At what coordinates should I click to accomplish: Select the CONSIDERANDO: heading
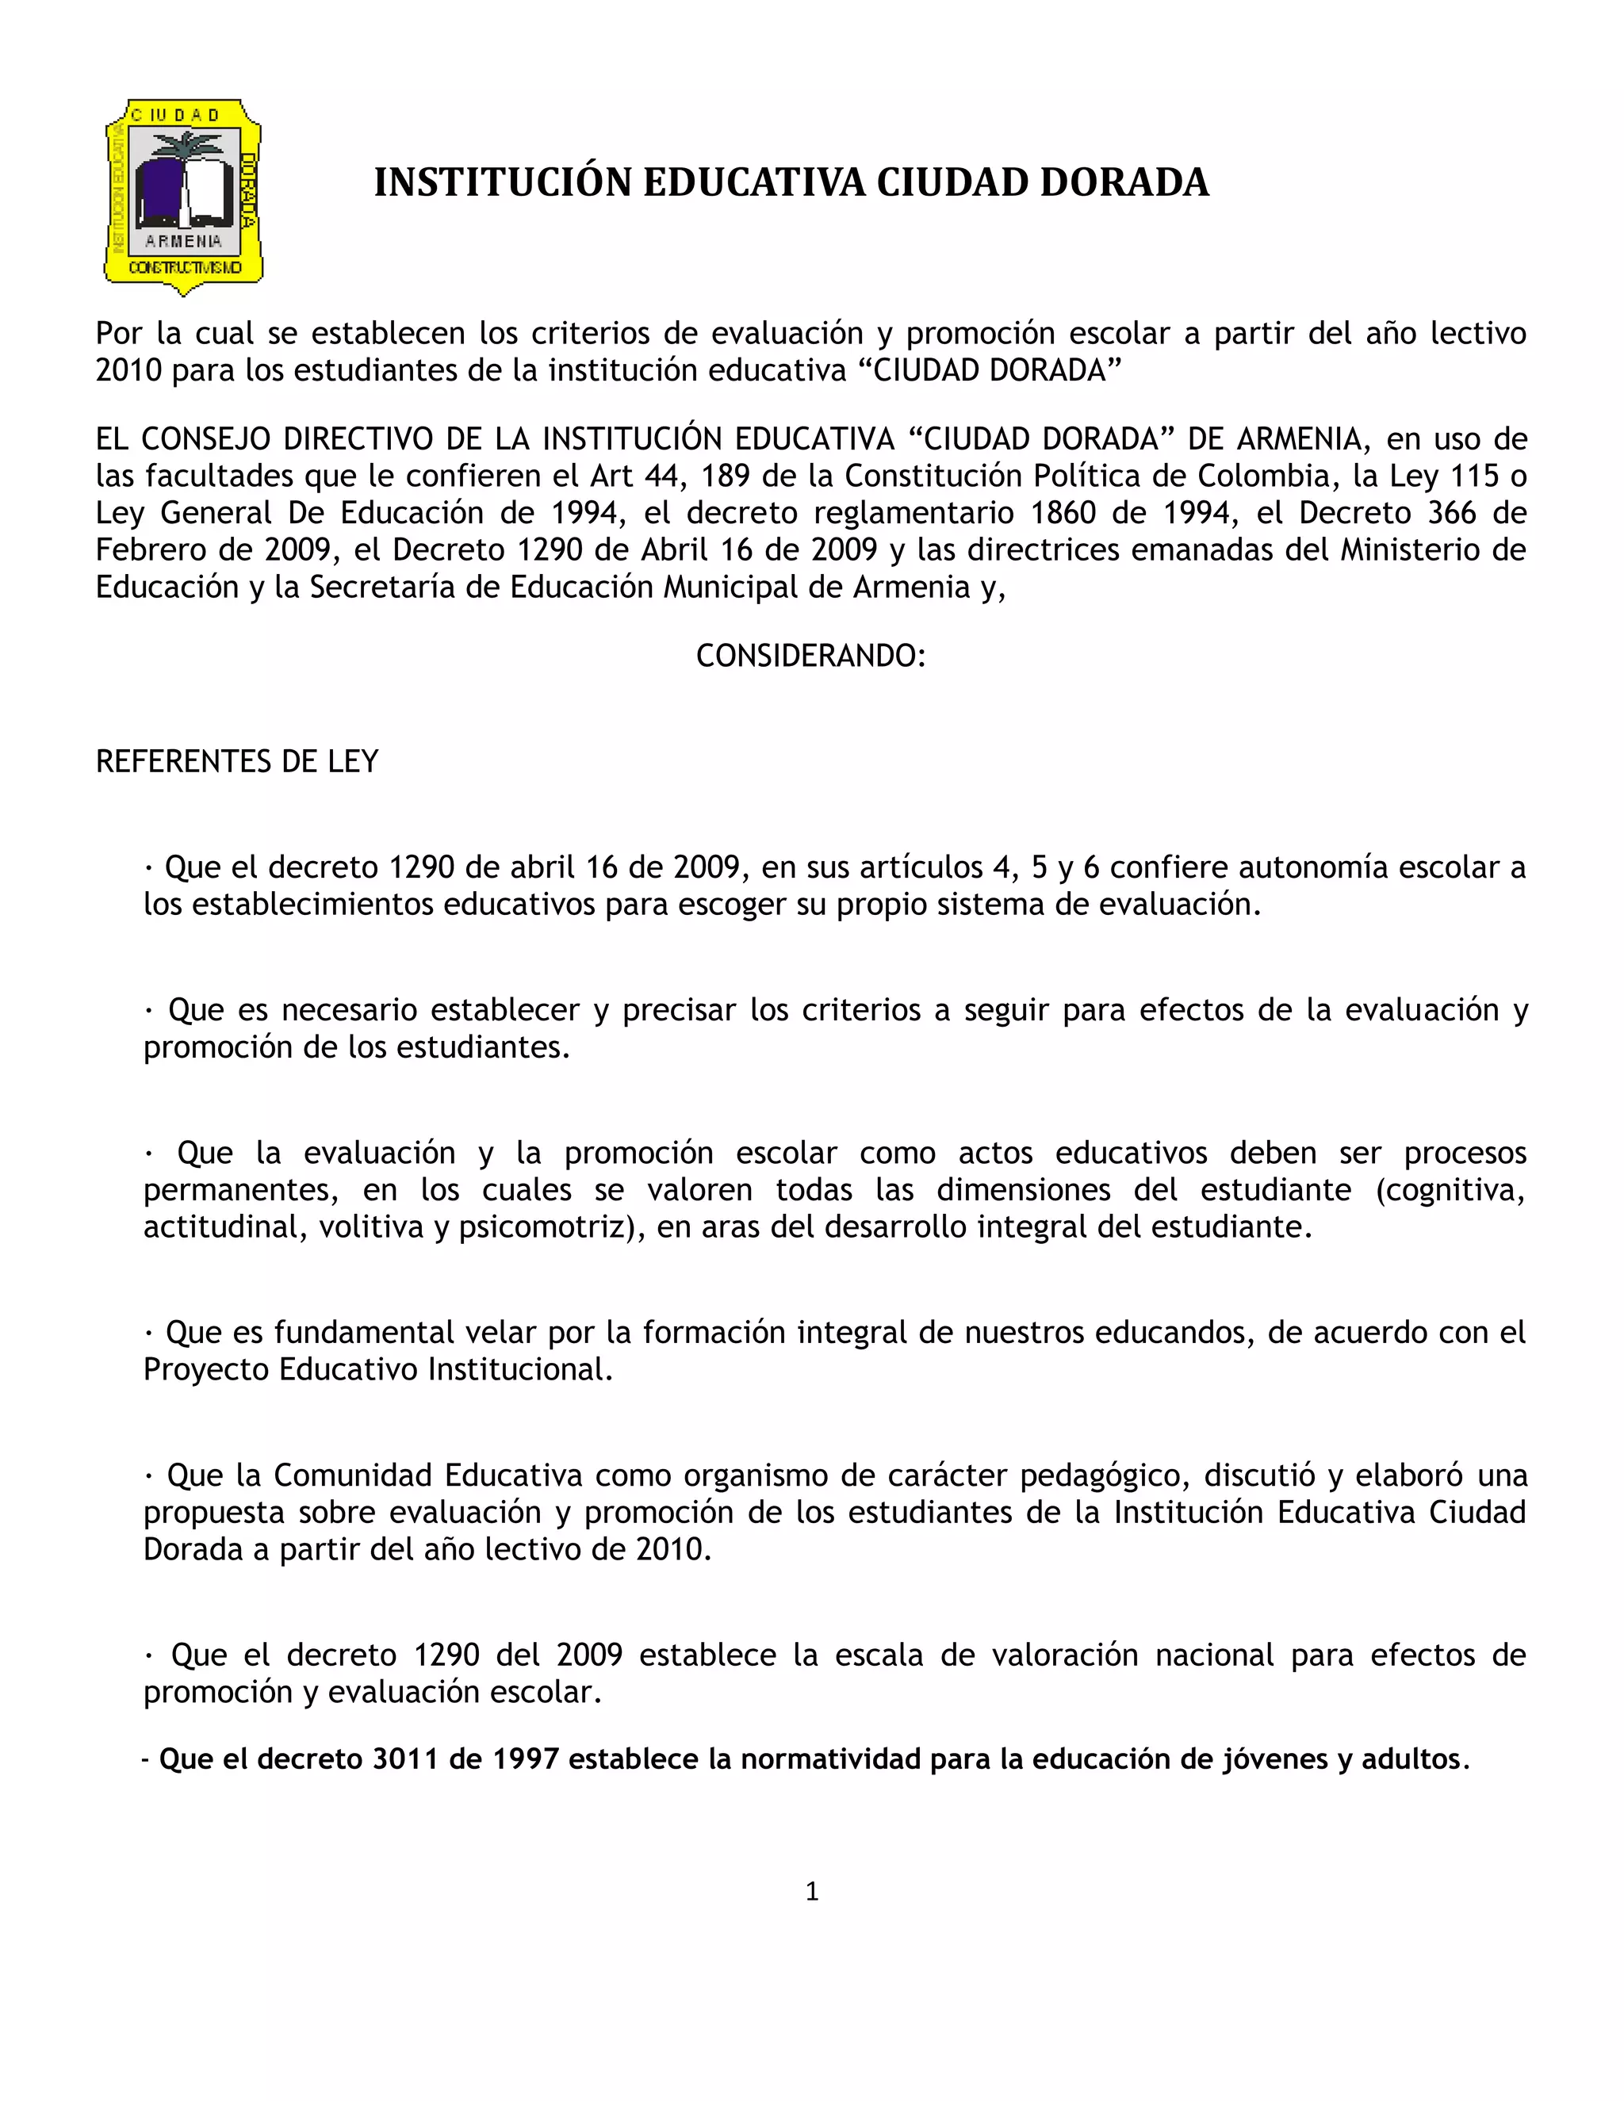coord(811,656)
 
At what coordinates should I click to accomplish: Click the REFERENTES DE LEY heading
coord(236,762)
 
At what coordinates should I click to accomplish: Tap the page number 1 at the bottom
coord(812,1891)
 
